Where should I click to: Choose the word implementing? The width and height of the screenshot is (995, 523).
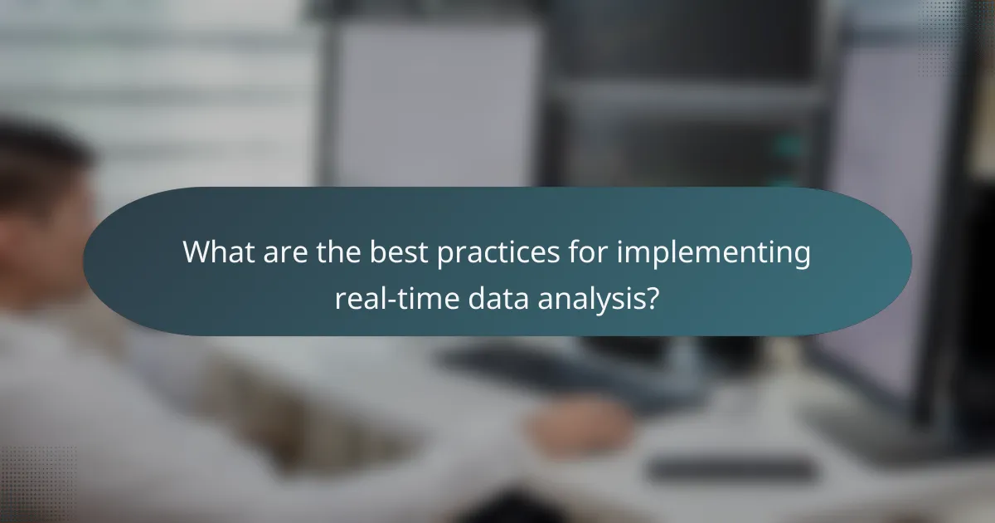click(713, 252)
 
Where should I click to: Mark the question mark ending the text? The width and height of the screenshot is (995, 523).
click(653, 296)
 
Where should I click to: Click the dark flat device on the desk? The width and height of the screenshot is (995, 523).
click(730, 469)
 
